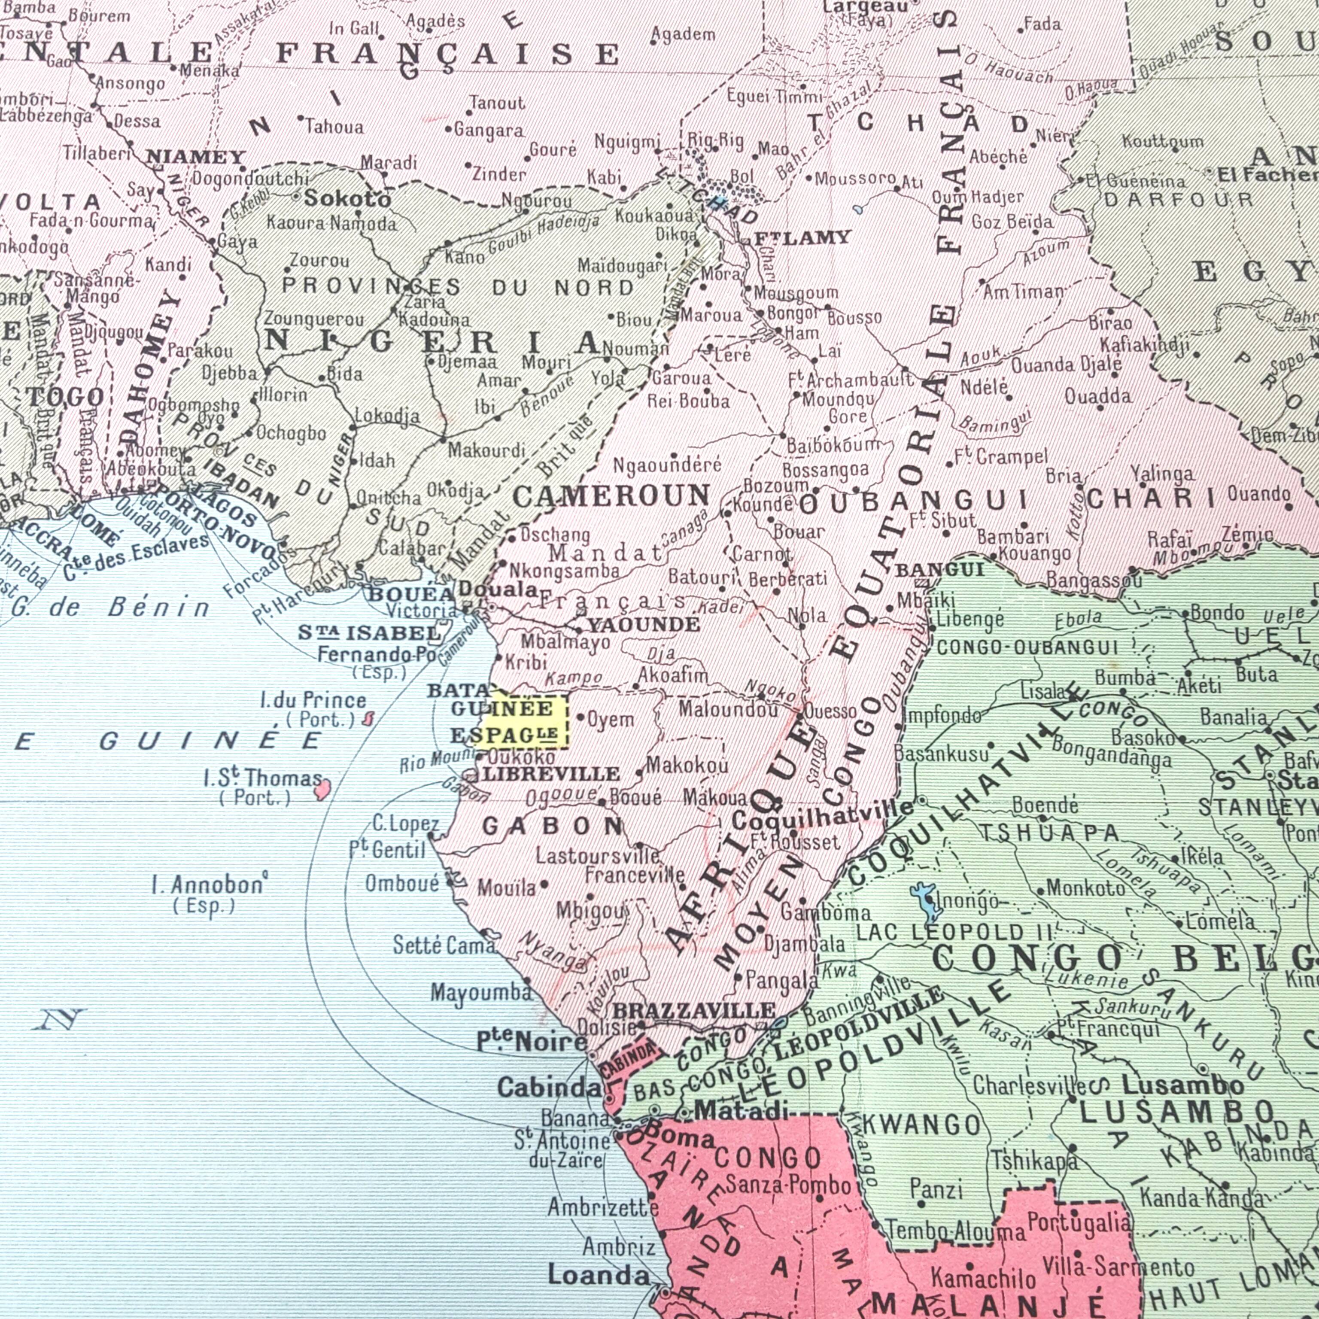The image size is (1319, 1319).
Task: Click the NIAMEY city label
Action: [x=195, y=158]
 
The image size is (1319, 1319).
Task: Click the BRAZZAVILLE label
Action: [x=694, y=1010]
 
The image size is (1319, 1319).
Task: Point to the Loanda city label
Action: [x=599, y=1274]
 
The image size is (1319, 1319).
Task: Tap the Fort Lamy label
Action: [x=802, y=237]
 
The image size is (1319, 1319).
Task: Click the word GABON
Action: [x=552, y=827]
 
